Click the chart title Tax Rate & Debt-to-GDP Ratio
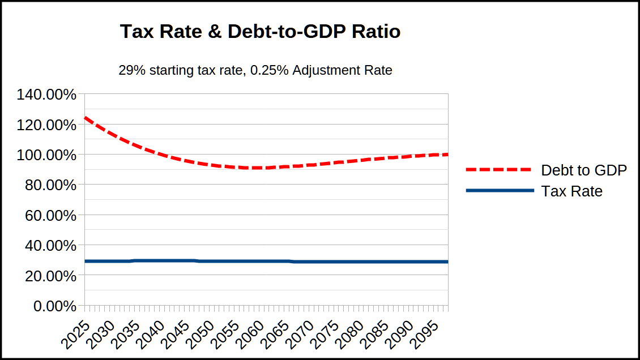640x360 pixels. (x=260, y=32)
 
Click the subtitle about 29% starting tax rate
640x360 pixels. (x=255, y=71)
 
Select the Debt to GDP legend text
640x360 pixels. (x=584, y=170)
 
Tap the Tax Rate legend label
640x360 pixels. (x=571, y=191)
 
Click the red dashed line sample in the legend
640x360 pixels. (x=499, y=170)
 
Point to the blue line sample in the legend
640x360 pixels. (x=499, y=191)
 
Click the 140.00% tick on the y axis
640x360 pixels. (x=46, y=95)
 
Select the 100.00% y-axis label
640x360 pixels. (x=46, y=155)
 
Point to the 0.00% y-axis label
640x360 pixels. (x=54, y=306)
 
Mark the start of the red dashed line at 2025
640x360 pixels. (x=85, y=118)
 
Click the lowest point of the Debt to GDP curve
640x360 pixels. (x=255, y=168)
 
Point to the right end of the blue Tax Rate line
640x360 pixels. (x=447, y=262)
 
